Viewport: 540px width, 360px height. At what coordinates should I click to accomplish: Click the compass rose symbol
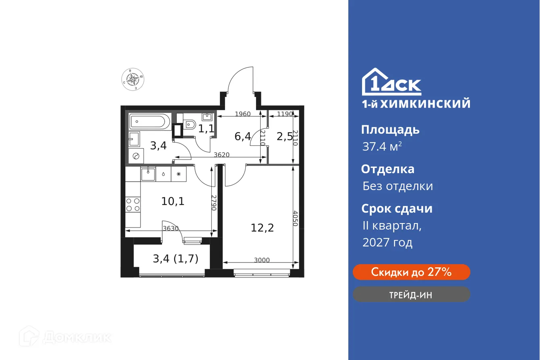[x=132, y=79]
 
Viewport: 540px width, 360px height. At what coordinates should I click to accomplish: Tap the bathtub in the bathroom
[x=150, y=121]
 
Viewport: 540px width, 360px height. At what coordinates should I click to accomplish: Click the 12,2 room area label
[x=262, y=228]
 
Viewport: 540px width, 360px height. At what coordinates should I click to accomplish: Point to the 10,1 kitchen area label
[x=173, y=201]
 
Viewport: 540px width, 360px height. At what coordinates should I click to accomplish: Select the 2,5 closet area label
[x=285, y=136]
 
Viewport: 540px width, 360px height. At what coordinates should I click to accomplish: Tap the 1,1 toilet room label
[x=206, y=129]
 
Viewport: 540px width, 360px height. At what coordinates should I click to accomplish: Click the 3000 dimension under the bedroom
[x=262, y=260]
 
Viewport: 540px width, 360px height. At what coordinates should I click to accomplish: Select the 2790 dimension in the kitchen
[x=214, y=203]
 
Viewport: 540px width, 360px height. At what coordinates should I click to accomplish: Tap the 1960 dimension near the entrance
[x=242, y=114]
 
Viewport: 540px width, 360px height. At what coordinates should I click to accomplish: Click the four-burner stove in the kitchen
[x=133, y=204]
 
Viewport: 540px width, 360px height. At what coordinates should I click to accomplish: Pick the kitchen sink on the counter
[x=148, y=174]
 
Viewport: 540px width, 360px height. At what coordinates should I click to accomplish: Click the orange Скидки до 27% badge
[x=411, y=272]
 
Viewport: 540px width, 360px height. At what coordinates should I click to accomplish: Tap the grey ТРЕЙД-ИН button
[x=411, y=295]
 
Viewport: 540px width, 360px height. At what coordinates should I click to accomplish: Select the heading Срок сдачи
[x=397, y=209]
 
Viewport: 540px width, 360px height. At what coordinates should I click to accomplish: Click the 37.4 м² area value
[x=382, y=147]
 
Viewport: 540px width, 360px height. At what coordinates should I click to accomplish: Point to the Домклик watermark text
[x=77, y=337]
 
